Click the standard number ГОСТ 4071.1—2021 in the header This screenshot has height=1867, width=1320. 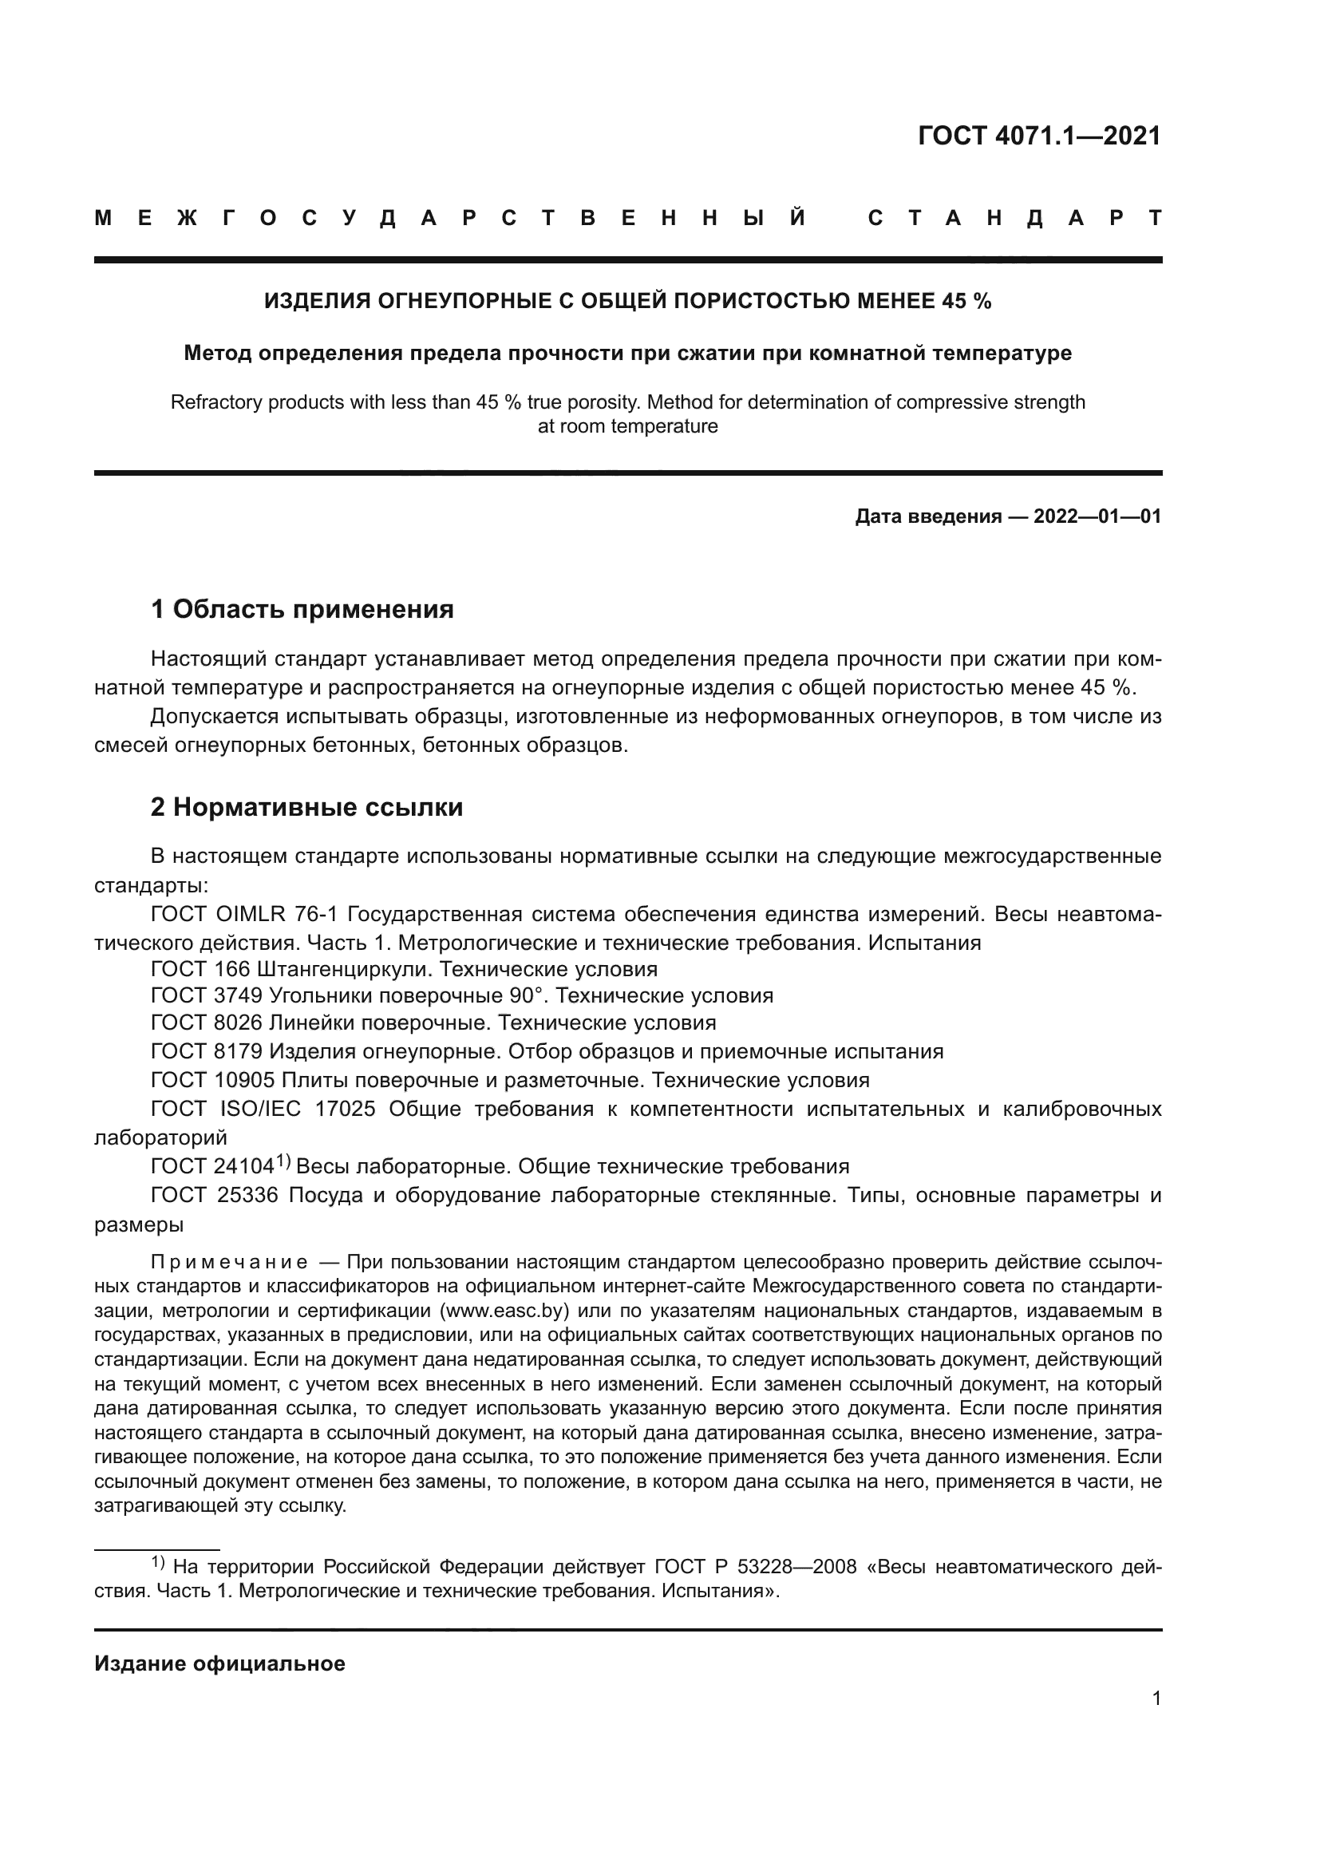pyautogui.click(x=1039, y=136)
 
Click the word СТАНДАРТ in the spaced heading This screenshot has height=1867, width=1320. pyautogui.click(x=1014, y=218)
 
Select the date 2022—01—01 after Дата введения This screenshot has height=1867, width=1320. pyautogui.click(x=1097, y=516)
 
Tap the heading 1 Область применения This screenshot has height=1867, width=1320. pyautogui.click(x=302, y=609)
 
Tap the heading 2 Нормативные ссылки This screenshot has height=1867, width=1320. pyautogui.click(x=306, y=807)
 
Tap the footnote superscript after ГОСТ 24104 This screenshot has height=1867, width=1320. pyautogui.click(x=282, y=1161)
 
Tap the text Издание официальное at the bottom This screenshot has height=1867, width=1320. pyautogui.click(x=219, y=1663)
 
